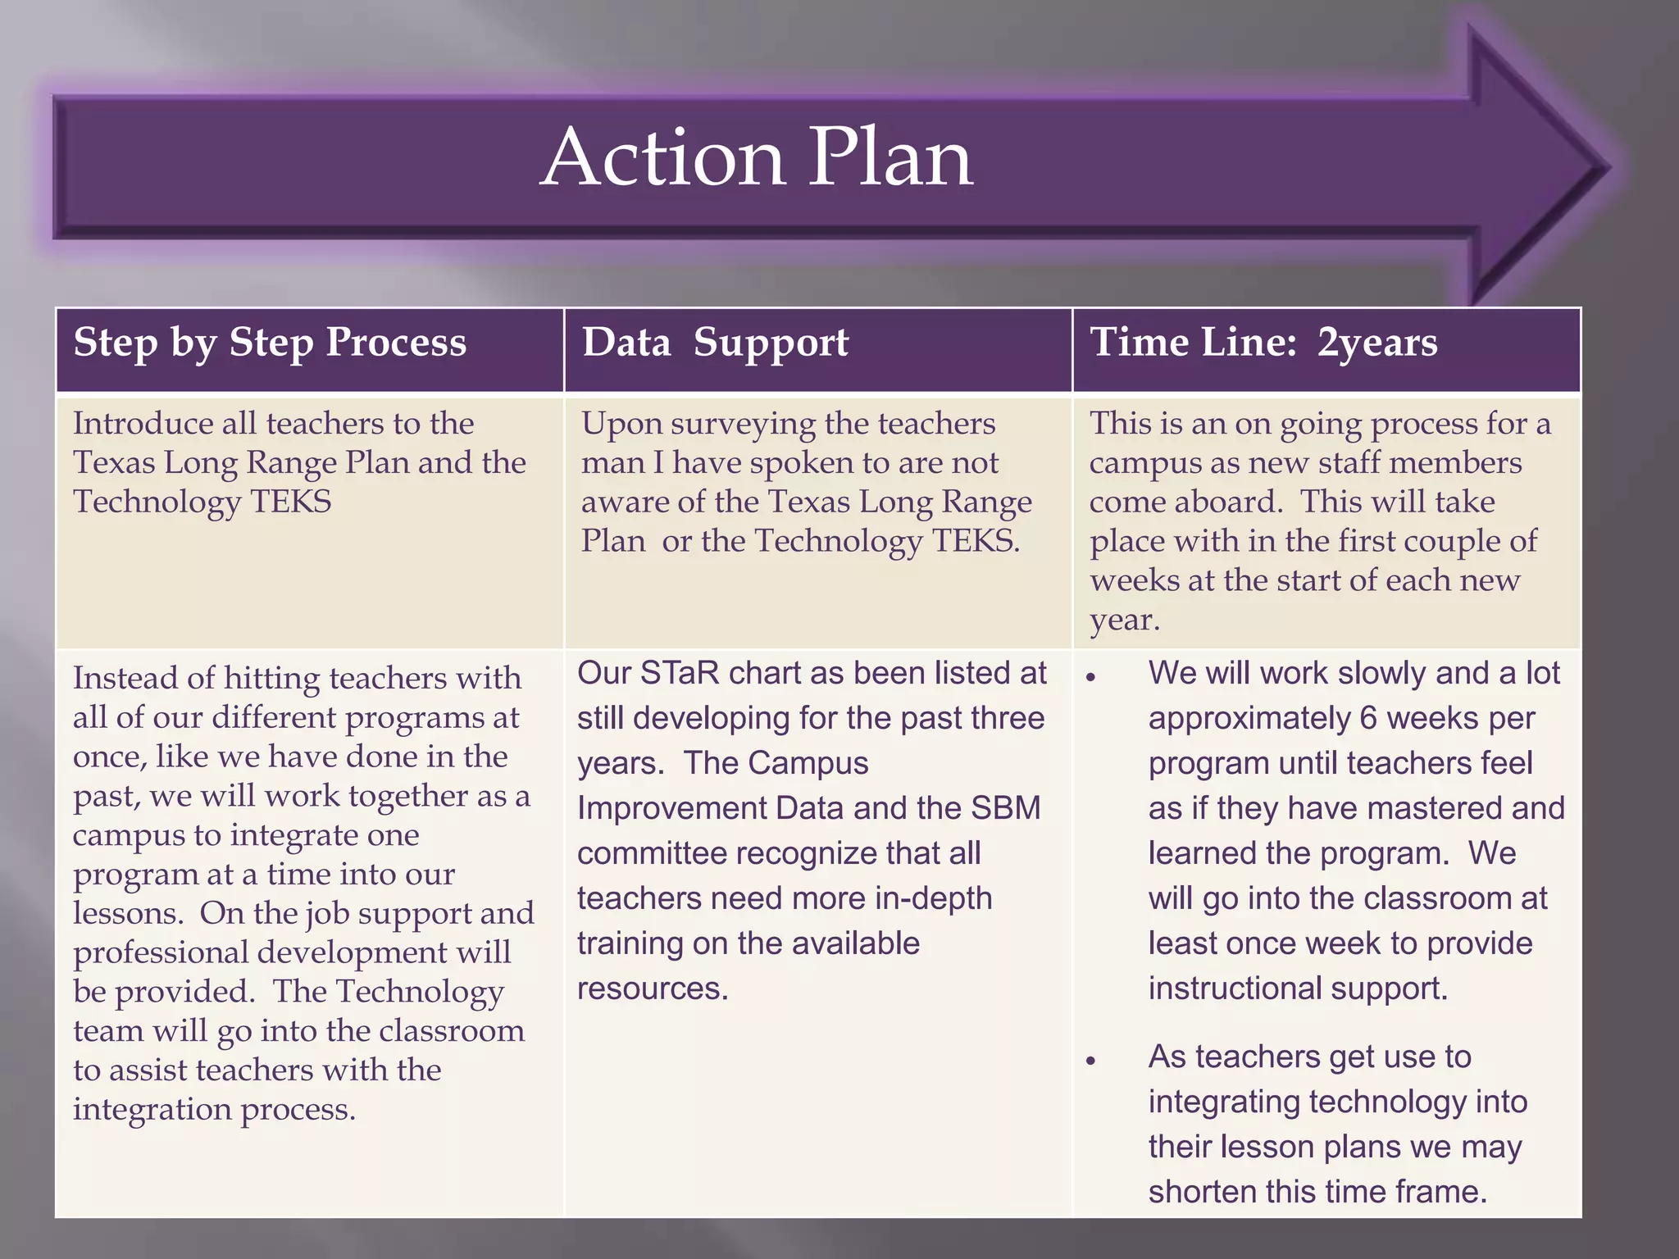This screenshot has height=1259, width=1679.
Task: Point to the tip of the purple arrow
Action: (1608, 168)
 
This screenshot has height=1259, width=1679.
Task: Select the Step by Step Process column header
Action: (270, 343)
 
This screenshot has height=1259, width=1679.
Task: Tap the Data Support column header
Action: (715, 343)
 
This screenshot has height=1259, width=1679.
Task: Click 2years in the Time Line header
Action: (1377, 343)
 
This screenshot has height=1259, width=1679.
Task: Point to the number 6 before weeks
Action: (1367, 719)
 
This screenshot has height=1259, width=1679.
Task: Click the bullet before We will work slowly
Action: (1090, 678)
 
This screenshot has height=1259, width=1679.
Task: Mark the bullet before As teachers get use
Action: (1090, 1061)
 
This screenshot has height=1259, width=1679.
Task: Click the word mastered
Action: (1438, 809)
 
